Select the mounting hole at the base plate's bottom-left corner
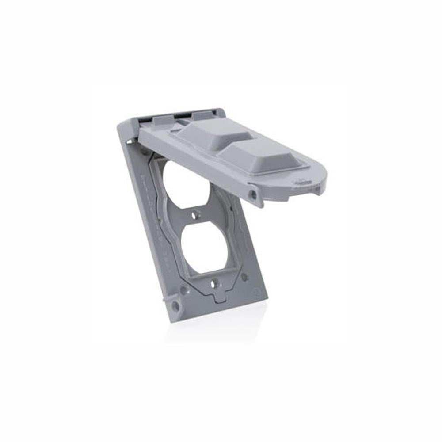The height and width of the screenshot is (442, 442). point(175,305)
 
